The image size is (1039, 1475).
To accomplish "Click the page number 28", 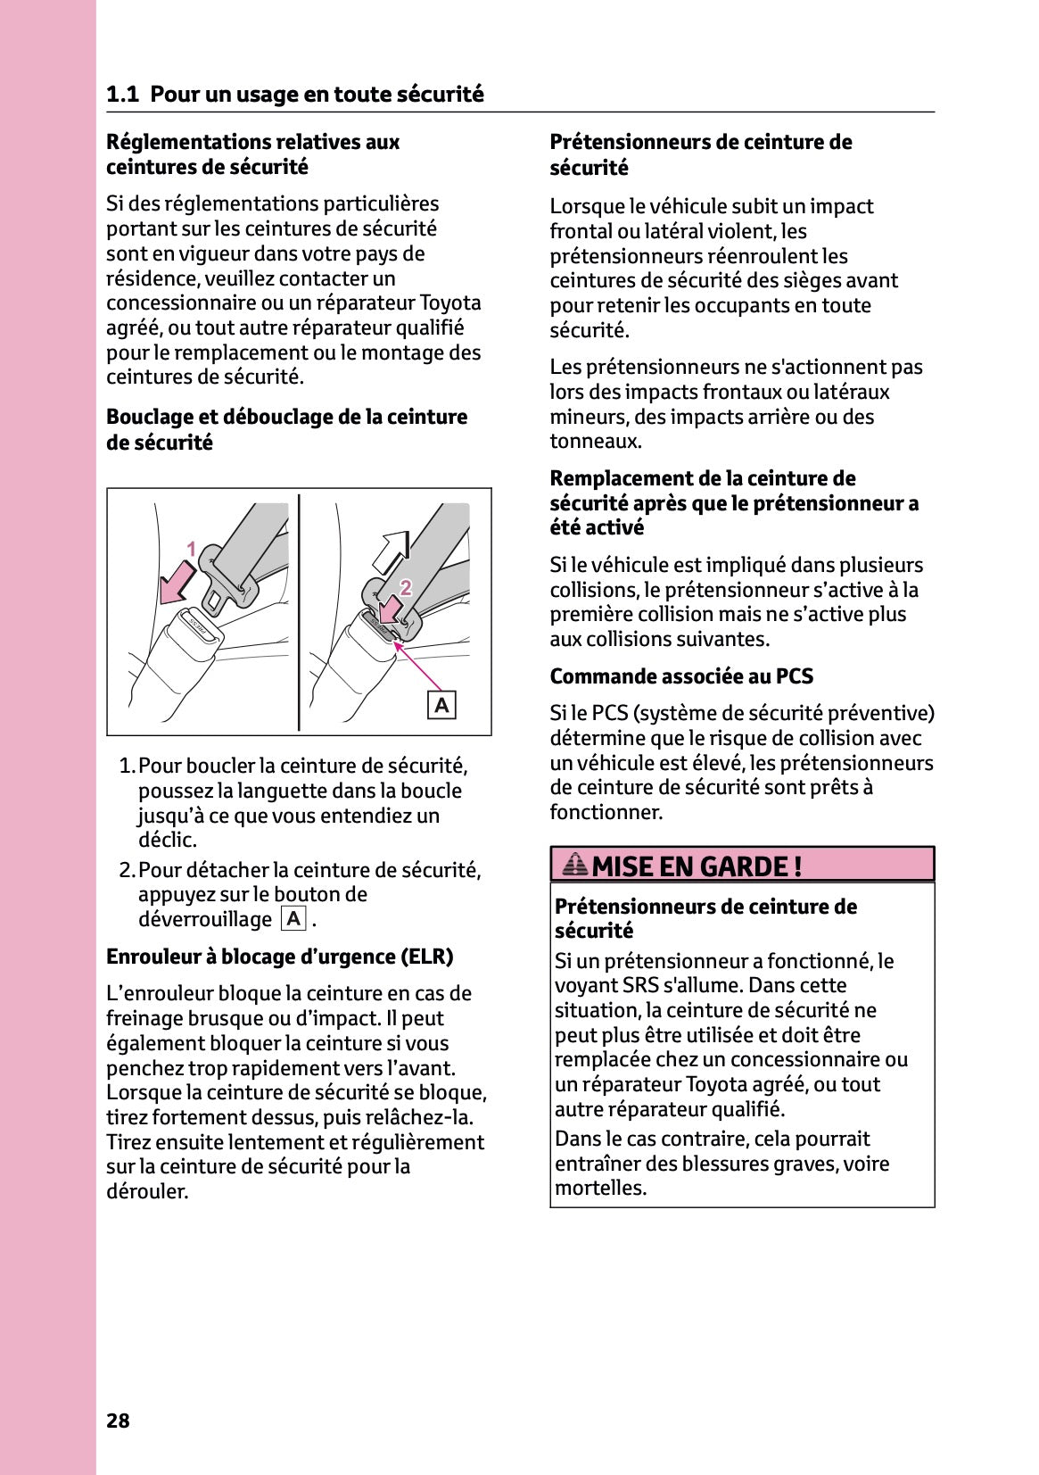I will [118, 1421].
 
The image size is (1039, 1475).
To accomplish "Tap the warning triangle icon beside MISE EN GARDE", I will [575, 865].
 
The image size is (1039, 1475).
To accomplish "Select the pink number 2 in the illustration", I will [406, 587].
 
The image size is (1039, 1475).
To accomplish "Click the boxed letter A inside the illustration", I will [441, 706].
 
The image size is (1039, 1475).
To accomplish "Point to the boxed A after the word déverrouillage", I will [293, 919].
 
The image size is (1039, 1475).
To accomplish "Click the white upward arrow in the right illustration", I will [390, 552].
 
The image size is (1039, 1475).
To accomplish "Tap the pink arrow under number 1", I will [177, 584].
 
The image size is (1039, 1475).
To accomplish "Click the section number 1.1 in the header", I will [122, 95].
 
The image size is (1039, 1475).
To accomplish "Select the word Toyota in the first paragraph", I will [450, 302].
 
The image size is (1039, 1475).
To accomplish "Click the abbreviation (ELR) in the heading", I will [427, 957].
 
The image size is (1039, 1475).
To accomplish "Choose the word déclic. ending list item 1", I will [168, 840].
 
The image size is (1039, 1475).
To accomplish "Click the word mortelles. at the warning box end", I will [600, 1188].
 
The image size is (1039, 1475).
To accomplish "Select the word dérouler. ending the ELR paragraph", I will [147, 1191].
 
